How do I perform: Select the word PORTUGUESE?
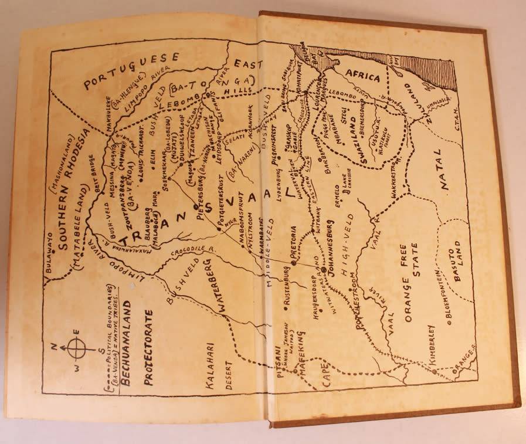pos(131,70)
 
